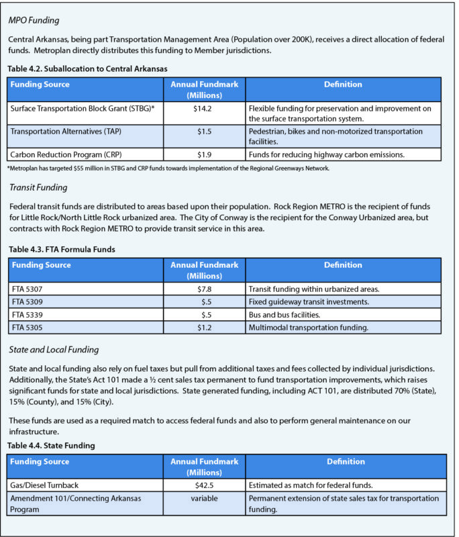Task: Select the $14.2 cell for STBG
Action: (x=204, y=108)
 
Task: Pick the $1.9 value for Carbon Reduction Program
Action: (x=204, y=155)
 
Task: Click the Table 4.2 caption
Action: (x=87, y=68)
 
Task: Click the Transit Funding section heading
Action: (x=38, y=187)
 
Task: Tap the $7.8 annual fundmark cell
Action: (x=204, y=289)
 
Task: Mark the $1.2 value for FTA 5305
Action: (x=204, y=327)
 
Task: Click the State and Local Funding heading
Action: (x=54, y=349)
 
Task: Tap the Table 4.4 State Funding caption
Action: (x=51, y=445)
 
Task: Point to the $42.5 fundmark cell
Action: (x=204, y=485)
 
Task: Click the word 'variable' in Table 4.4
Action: (x=204, y=498)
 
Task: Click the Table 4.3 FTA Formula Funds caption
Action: (x=62, y=250)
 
